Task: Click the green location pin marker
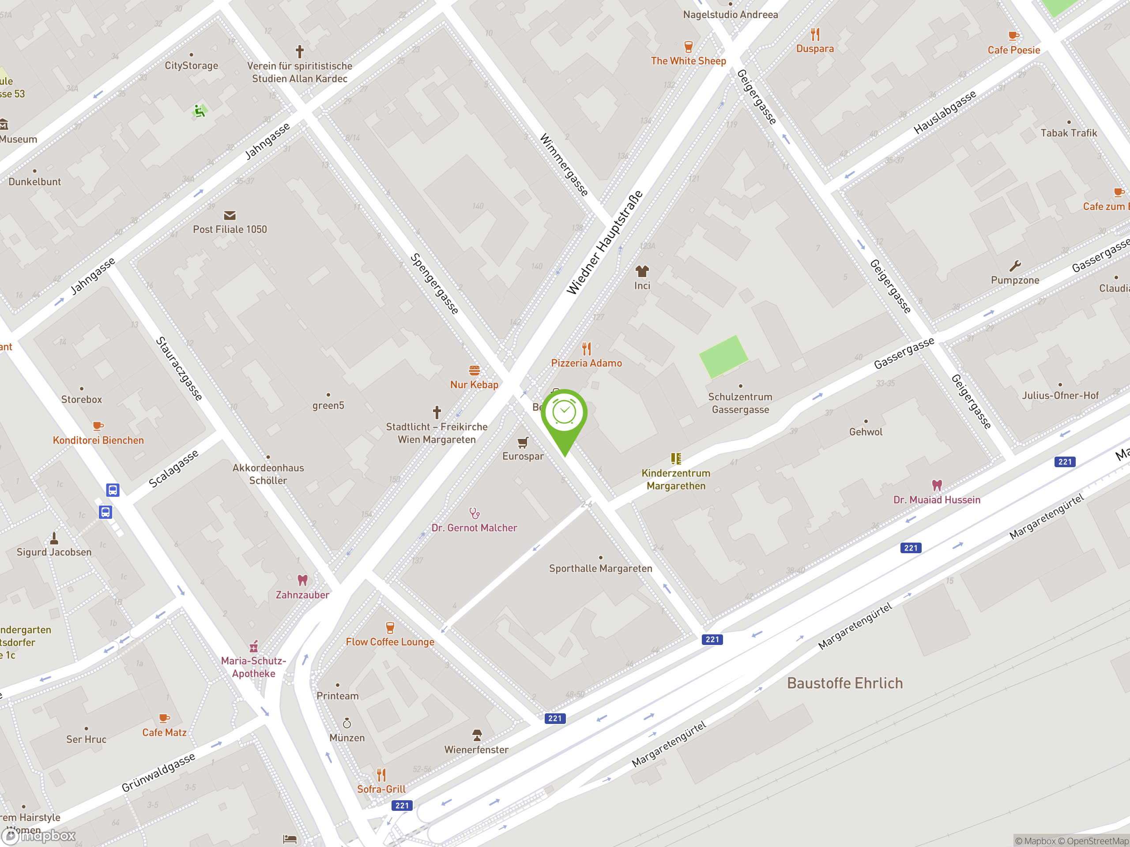click(564, 416)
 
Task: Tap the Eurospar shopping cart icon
click(523, 442)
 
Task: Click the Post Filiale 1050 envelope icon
click(230, 215)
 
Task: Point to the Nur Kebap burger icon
click(474, 370)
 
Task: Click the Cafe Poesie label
click(1013, 50)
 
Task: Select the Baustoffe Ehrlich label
click(844, 683)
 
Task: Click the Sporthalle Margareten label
click(600, 568)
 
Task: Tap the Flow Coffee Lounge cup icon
click(390, 627)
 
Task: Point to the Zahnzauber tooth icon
click(302, 581)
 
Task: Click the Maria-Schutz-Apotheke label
click(253, 667)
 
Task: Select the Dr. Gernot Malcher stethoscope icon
click(474, 513)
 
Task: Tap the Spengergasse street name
click(435, 284)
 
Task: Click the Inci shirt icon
click(642, 271)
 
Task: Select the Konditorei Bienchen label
click(98, 440)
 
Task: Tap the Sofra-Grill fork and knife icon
click(381, 775)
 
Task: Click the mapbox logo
click(39, 835)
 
